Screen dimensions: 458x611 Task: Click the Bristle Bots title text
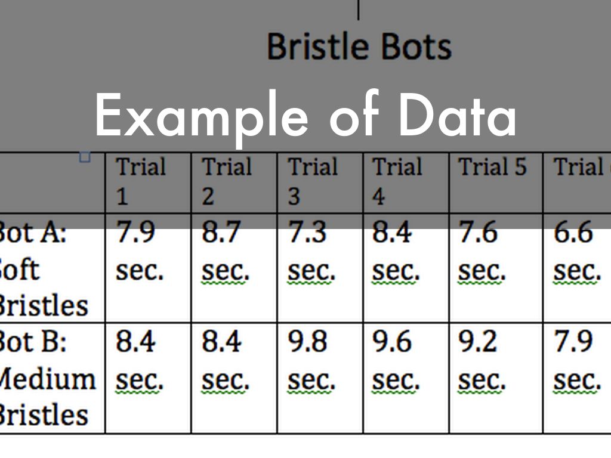pyautogui.click(x=359, y=47)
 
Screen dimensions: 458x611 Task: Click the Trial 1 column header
pyautogui.click(x=140, y=180)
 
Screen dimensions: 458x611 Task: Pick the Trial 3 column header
pyautogui.click(x=312, y=180)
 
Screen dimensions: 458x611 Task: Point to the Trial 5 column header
pyautogui.click(x=492, y=168)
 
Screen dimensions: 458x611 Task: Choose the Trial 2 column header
pyautogui.click(x=226, y=180)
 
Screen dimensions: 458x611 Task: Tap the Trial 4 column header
pyautogui.click(x=397, y=180)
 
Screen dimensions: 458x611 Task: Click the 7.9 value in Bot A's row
pyautogui.click(x=135, y=233)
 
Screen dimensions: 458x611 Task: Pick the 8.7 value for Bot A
pyautogui.click(x=221, y=233)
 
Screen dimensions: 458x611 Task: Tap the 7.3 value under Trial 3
pyautogui.click(x=307, y=233)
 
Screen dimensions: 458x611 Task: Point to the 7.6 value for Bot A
pyautogui.click(x=478, y=233)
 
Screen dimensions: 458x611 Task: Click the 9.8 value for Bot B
pyautogui.click(x=307, y=342)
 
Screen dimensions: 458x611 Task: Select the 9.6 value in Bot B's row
pyautogui.click(x=392, y=342)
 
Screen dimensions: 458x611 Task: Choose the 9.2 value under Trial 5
pyautogui.click(x=478, y=342)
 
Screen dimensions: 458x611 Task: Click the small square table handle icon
pyautogui.click(x=84, y=157)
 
